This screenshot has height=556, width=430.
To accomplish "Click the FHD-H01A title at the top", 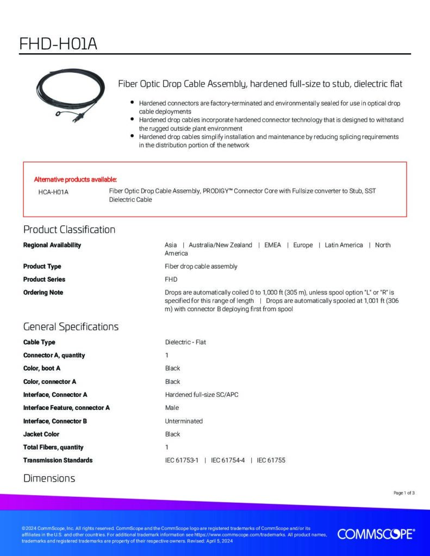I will [58, 43].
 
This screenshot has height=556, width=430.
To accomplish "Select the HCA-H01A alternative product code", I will [53, 192].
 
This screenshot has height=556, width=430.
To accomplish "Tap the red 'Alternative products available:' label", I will [76, 179].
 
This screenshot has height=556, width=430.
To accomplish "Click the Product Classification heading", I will [69, 229].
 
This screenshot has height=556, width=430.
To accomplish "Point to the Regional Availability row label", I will [52, 245].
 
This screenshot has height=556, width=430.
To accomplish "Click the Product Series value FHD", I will [172, 279].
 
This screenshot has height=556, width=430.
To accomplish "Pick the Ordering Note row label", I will [43, 292].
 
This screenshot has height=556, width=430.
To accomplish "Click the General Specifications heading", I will [71, 327].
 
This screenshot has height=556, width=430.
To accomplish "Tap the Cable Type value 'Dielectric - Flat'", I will [185, 342].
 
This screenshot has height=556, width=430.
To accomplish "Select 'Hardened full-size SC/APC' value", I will [202, 395].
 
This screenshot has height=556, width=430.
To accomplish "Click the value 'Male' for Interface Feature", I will [172, 408].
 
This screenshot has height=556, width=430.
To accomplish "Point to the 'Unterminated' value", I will [184, 421].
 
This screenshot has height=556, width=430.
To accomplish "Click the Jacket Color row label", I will [41, 434].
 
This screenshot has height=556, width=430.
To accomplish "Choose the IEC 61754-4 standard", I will [228, 460].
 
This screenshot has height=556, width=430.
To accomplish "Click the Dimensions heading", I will [49, 478].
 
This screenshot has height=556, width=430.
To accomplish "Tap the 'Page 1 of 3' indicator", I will [404, 493].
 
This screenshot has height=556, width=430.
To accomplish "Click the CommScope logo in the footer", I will [376, 534].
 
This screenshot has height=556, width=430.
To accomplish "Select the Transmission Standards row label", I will [58, 460].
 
